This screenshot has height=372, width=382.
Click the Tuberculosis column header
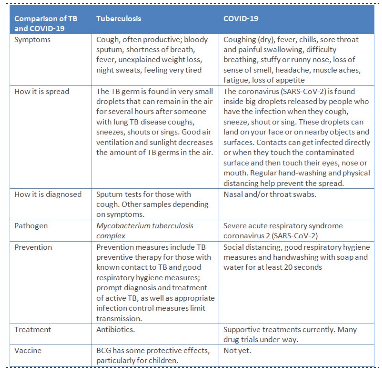click(119, 19)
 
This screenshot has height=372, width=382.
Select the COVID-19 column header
click(241, 19)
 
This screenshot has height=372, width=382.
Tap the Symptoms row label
click(33, 40)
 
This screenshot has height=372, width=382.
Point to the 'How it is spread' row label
click(42, 92)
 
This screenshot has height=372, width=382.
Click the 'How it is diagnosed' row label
click(48, 194)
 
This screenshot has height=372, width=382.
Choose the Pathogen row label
click(31, 226)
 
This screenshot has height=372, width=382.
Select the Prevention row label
click(33, 247)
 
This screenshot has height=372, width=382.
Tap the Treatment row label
click(33, 330)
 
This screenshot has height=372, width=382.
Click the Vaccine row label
click(28, 350)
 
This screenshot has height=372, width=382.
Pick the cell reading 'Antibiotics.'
click(115, 330)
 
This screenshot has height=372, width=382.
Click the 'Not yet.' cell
click(237, 350)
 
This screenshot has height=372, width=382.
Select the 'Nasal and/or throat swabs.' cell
click(270, 194)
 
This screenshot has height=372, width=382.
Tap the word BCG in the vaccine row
click(103, 350)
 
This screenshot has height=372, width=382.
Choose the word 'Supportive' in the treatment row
click(241, 330)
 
